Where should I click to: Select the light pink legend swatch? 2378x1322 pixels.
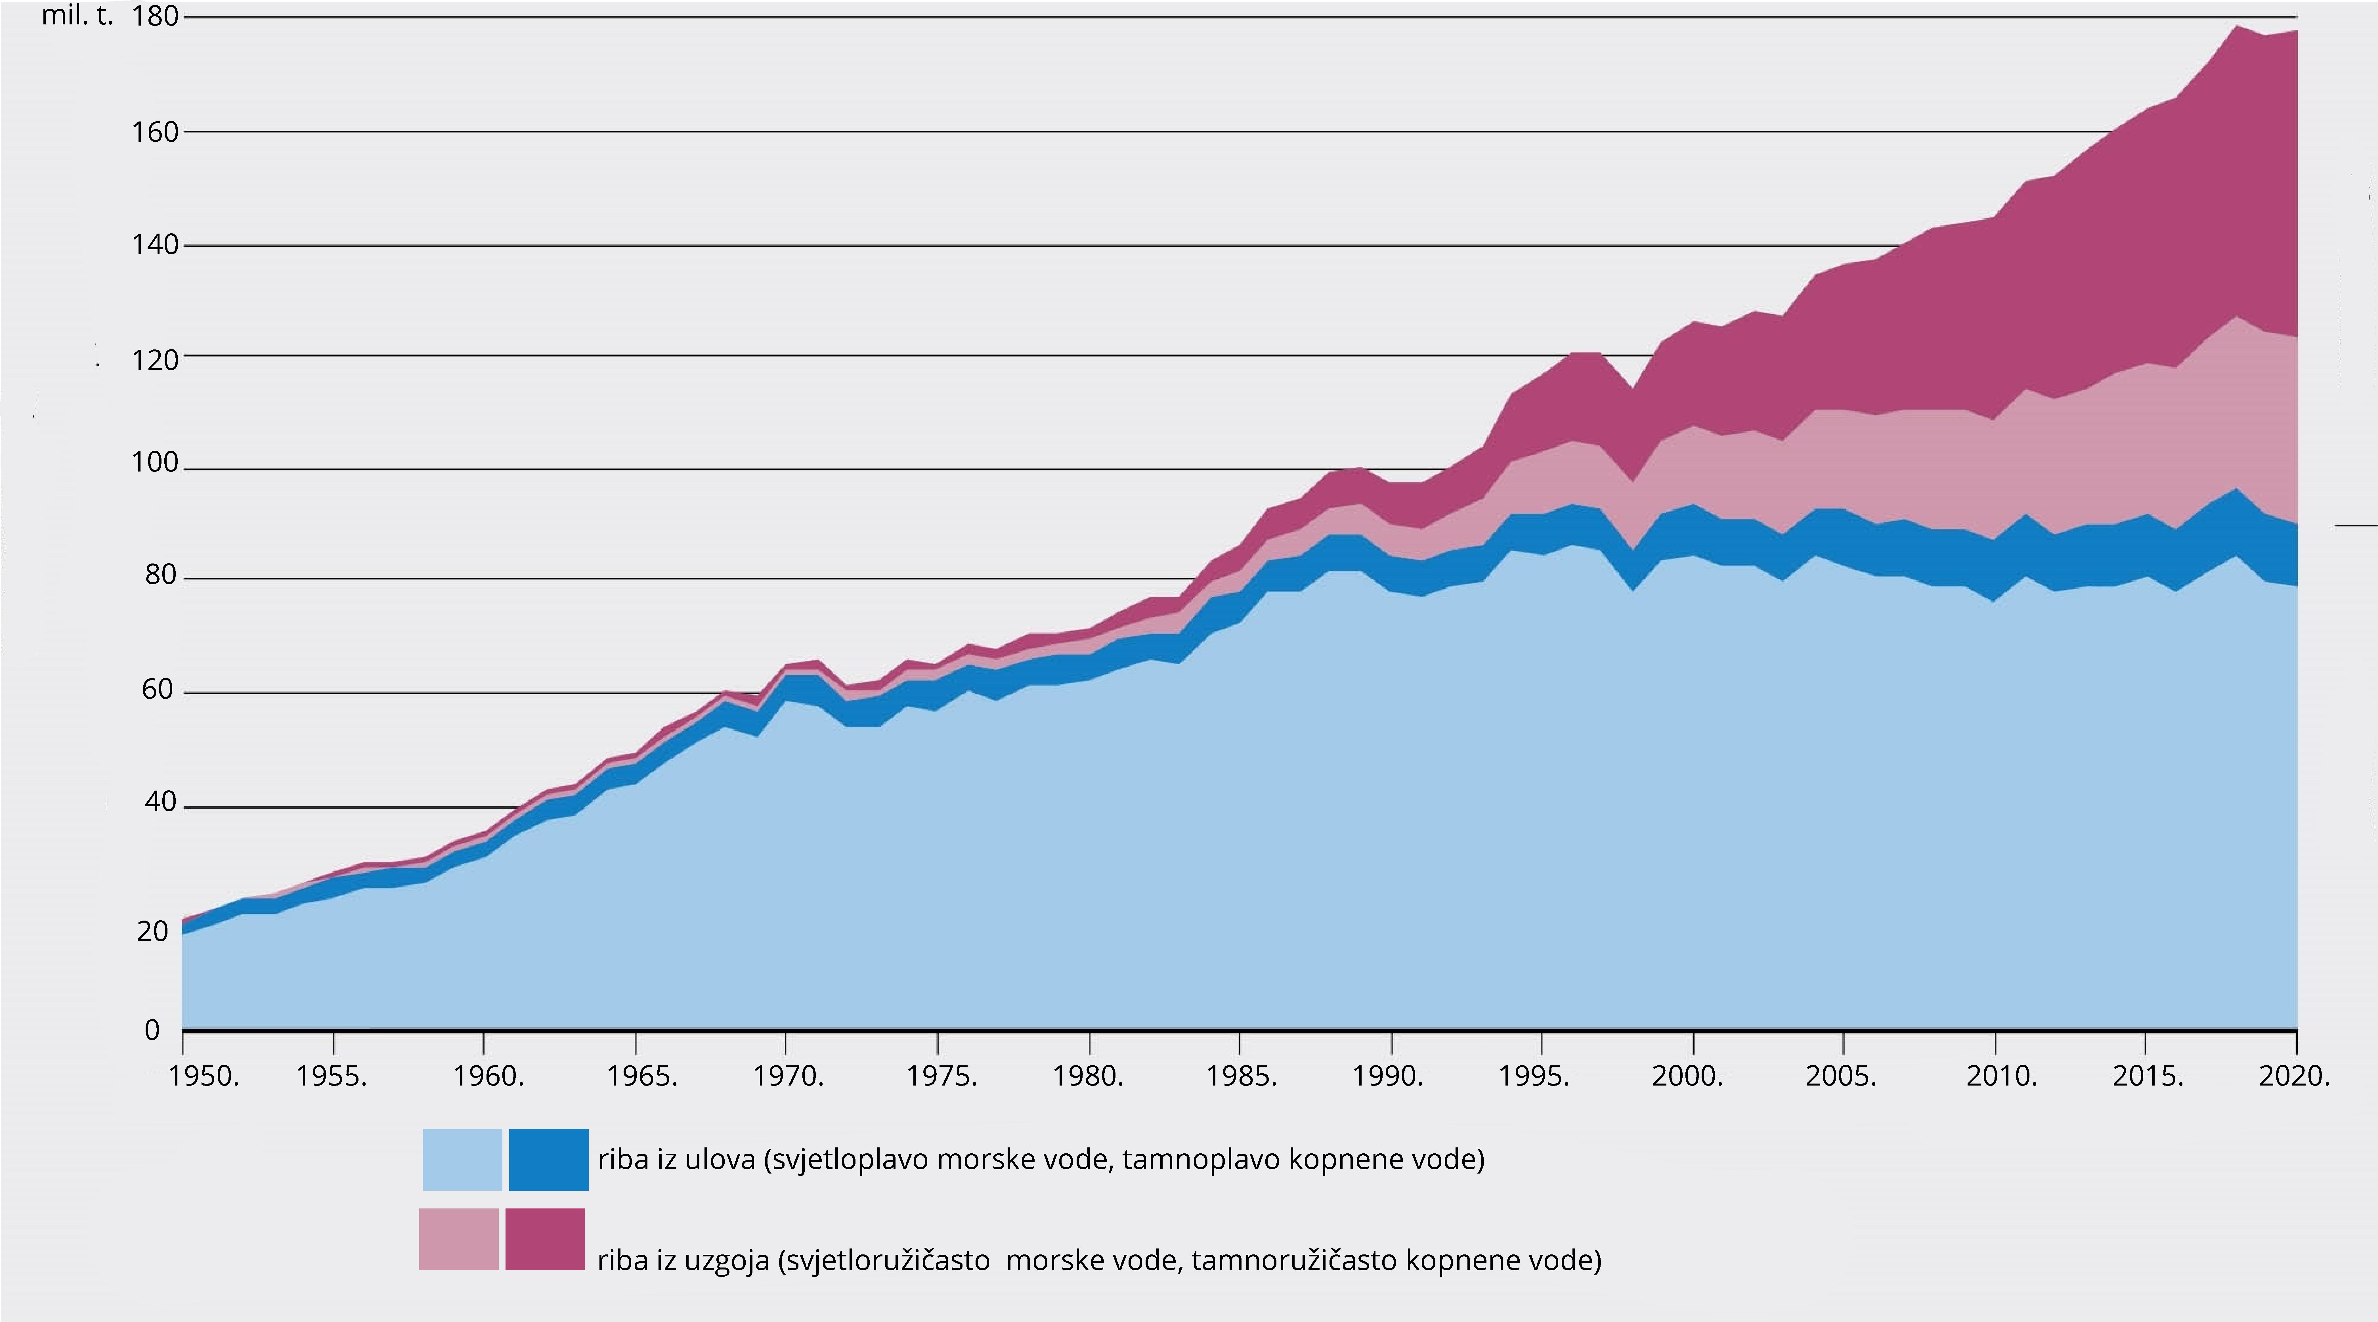[459, 1239]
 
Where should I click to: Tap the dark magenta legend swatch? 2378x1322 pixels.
[545, 1239]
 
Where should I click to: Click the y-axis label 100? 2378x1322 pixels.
[155, 462]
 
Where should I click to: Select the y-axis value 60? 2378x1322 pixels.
[158, 689]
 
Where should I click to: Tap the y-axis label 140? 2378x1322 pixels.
[155, 245]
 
